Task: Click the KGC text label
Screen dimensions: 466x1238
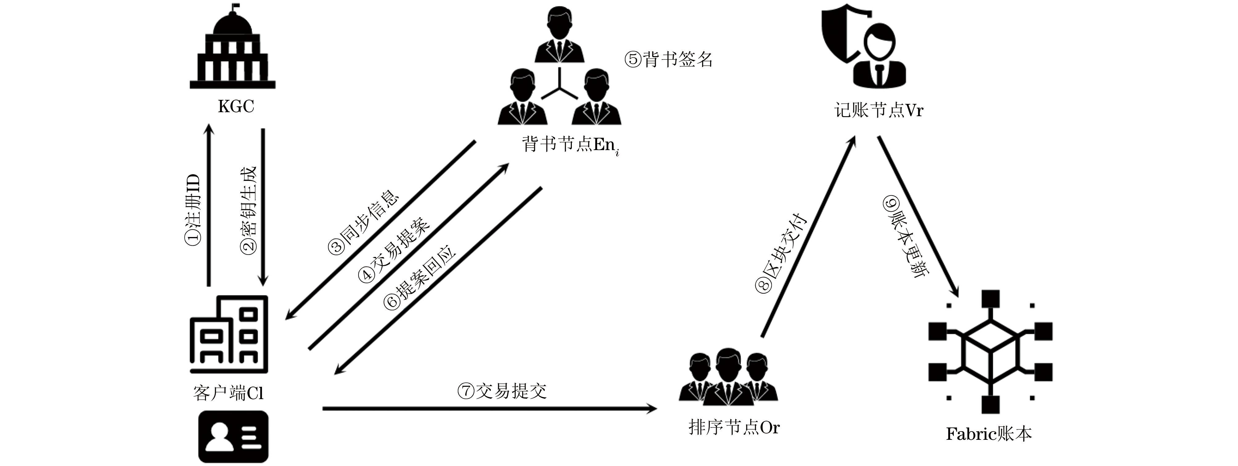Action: tap(236, 106)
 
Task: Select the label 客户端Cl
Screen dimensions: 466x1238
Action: tap(228, 394)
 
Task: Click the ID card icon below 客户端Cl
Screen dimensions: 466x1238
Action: tap(234, 436)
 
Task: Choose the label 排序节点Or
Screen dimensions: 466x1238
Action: tap(734, 427)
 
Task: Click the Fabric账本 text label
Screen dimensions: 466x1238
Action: tap(989, 434)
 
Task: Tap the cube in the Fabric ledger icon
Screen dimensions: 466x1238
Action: tap(990, 353)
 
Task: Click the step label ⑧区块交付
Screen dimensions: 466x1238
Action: tap(780, 252)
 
